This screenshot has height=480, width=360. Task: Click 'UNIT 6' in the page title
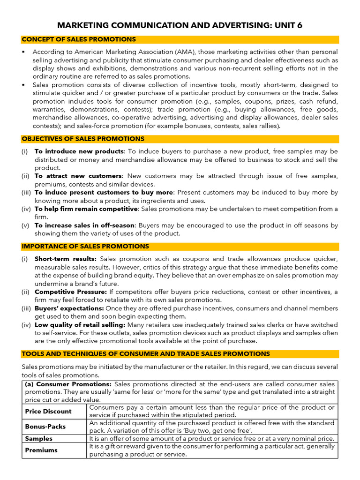click(x=286, y=25)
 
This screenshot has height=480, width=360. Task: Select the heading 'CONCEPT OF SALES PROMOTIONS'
click(x=79, y=39)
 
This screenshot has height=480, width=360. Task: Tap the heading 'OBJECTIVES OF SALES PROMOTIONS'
click(x=83, y=139)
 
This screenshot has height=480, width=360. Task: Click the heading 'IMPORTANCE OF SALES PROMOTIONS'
click(x=85, y=246)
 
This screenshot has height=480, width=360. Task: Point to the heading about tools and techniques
click(x=146, y=353)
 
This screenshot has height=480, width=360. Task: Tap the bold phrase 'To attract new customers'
click(x=78, y=176)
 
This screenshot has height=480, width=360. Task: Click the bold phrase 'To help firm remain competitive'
click(x=86, y=209)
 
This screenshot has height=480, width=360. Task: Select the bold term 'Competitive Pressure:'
click(x=71, y=292)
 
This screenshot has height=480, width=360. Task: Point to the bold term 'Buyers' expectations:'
click(x=69, y=308)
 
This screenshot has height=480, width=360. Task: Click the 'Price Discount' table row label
click(x=48, y=411)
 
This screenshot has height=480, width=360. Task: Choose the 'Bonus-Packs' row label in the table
click(x=45, y=427)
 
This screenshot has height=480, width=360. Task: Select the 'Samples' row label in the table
click(x=39, y=439)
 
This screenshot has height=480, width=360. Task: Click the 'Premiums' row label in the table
click(x=41, y=450)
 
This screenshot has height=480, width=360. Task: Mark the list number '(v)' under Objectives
click(x=25, y=225)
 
